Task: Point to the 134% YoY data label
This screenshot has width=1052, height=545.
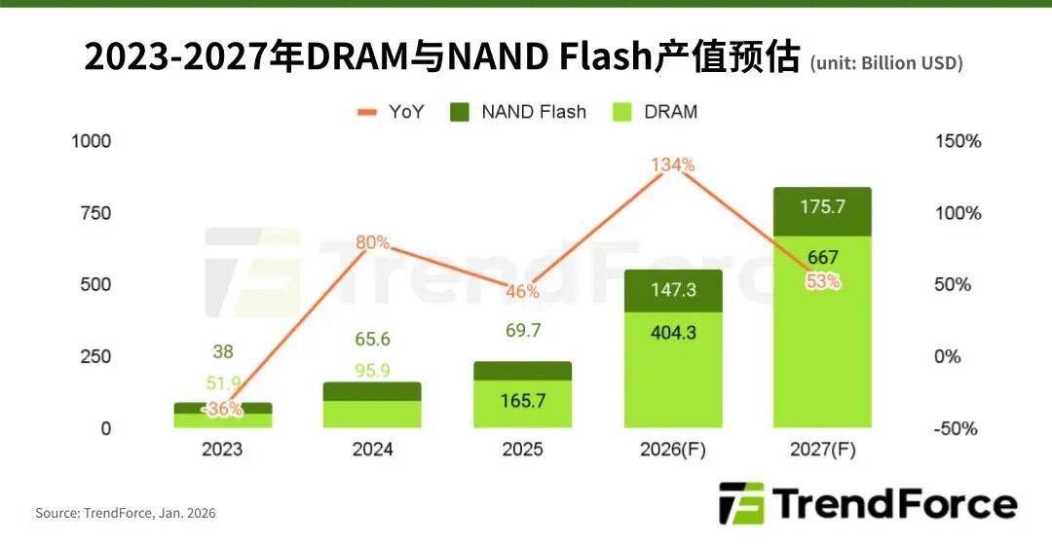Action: (x=674, y=164)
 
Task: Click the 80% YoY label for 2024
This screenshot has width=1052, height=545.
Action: (x=372, y=242)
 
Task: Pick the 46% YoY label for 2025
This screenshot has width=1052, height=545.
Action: (x=522, y=291)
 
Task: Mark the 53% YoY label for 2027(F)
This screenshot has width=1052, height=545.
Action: (x=822, y=281)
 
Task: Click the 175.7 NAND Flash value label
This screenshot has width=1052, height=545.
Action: (x=822, y=207)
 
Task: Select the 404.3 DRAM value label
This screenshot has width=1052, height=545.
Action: (x=673, y=332)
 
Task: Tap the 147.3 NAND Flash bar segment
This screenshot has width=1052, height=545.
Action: (x=673, y=290)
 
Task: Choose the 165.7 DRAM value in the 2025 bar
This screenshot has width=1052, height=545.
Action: (x=522, y=400)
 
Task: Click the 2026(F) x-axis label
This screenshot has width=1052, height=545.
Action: (x=673, y=450)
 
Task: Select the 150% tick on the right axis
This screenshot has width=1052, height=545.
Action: (x=958, y=141)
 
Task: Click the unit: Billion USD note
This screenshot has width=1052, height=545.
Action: (x=885, y=63)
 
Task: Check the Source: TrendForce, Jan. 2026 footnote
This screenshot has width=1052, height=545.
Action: (x=126, y=512)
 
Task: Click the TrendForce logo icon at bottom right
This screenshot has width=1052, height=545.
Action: (x=741, y=503)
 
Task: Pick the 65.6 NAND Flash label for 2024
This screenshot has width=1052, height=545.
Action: (x=372, y=340)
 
